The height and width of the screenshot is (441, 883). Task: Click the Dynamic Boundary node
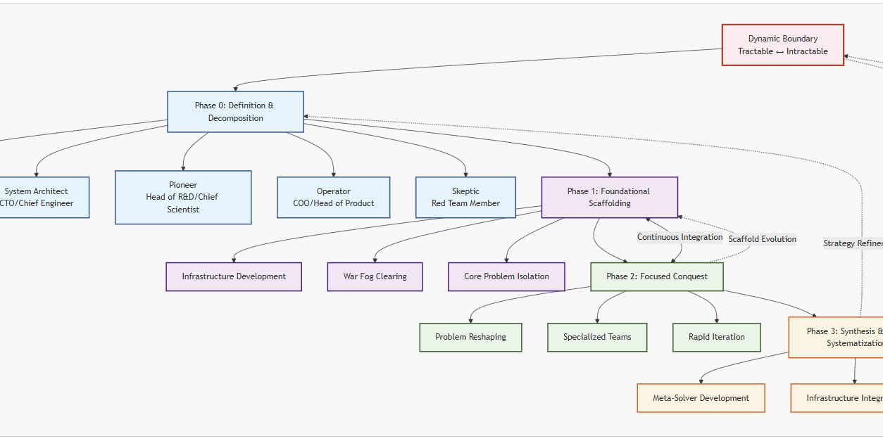782,45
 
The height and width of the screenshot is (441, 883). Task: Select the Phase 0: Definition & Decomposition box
235,112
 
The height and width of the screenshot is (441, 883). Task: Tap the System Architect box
39,198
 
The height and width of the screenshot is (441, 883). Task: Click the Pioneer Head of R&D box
183,198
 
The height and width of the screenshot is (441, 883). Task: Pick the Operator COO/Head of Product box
333,198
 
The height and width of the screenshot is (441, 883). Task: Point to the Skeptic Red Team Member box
465,198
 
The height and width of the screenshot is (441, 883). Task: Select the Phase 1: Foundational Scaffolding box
609,198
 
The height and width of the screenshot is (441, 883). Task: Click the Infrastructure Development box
234,276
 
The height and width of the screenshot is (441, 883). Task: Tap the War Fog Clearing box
375,276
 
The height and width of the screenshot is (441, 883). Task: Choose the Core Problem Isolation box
506,276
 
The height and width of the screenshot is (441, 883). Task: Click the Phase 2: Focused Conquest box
656,276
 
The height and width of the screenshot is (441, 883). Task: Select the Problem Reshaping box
470,337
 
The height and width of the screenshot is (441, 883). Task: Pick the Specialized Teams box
597,337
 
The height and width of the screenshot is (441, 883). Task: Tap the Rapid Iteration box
716,337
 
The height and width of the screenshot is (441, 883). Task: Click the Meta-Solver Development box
701,398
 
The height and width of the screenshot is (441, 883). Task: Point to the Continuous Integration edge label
680,237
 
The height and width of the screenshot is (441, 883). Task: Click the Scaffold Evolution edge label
762,239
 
